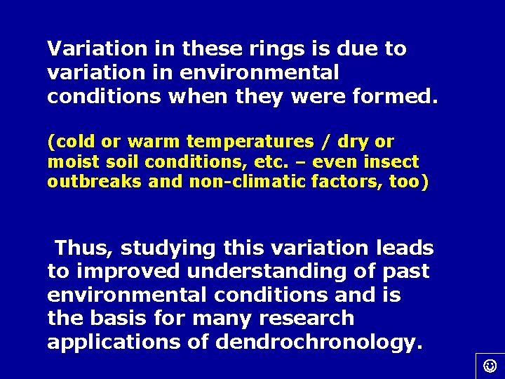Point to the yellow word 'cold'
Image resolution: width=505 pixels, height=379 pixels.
(x=72, y=142)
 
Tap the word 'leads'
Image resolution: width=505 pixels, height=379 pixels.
(x=405, y=248)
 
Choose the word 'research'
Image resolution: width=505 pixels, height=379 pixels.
(x=307, y=318)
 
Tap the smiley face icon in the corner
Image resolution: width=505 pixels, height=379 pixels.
(x=490, y=365)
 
